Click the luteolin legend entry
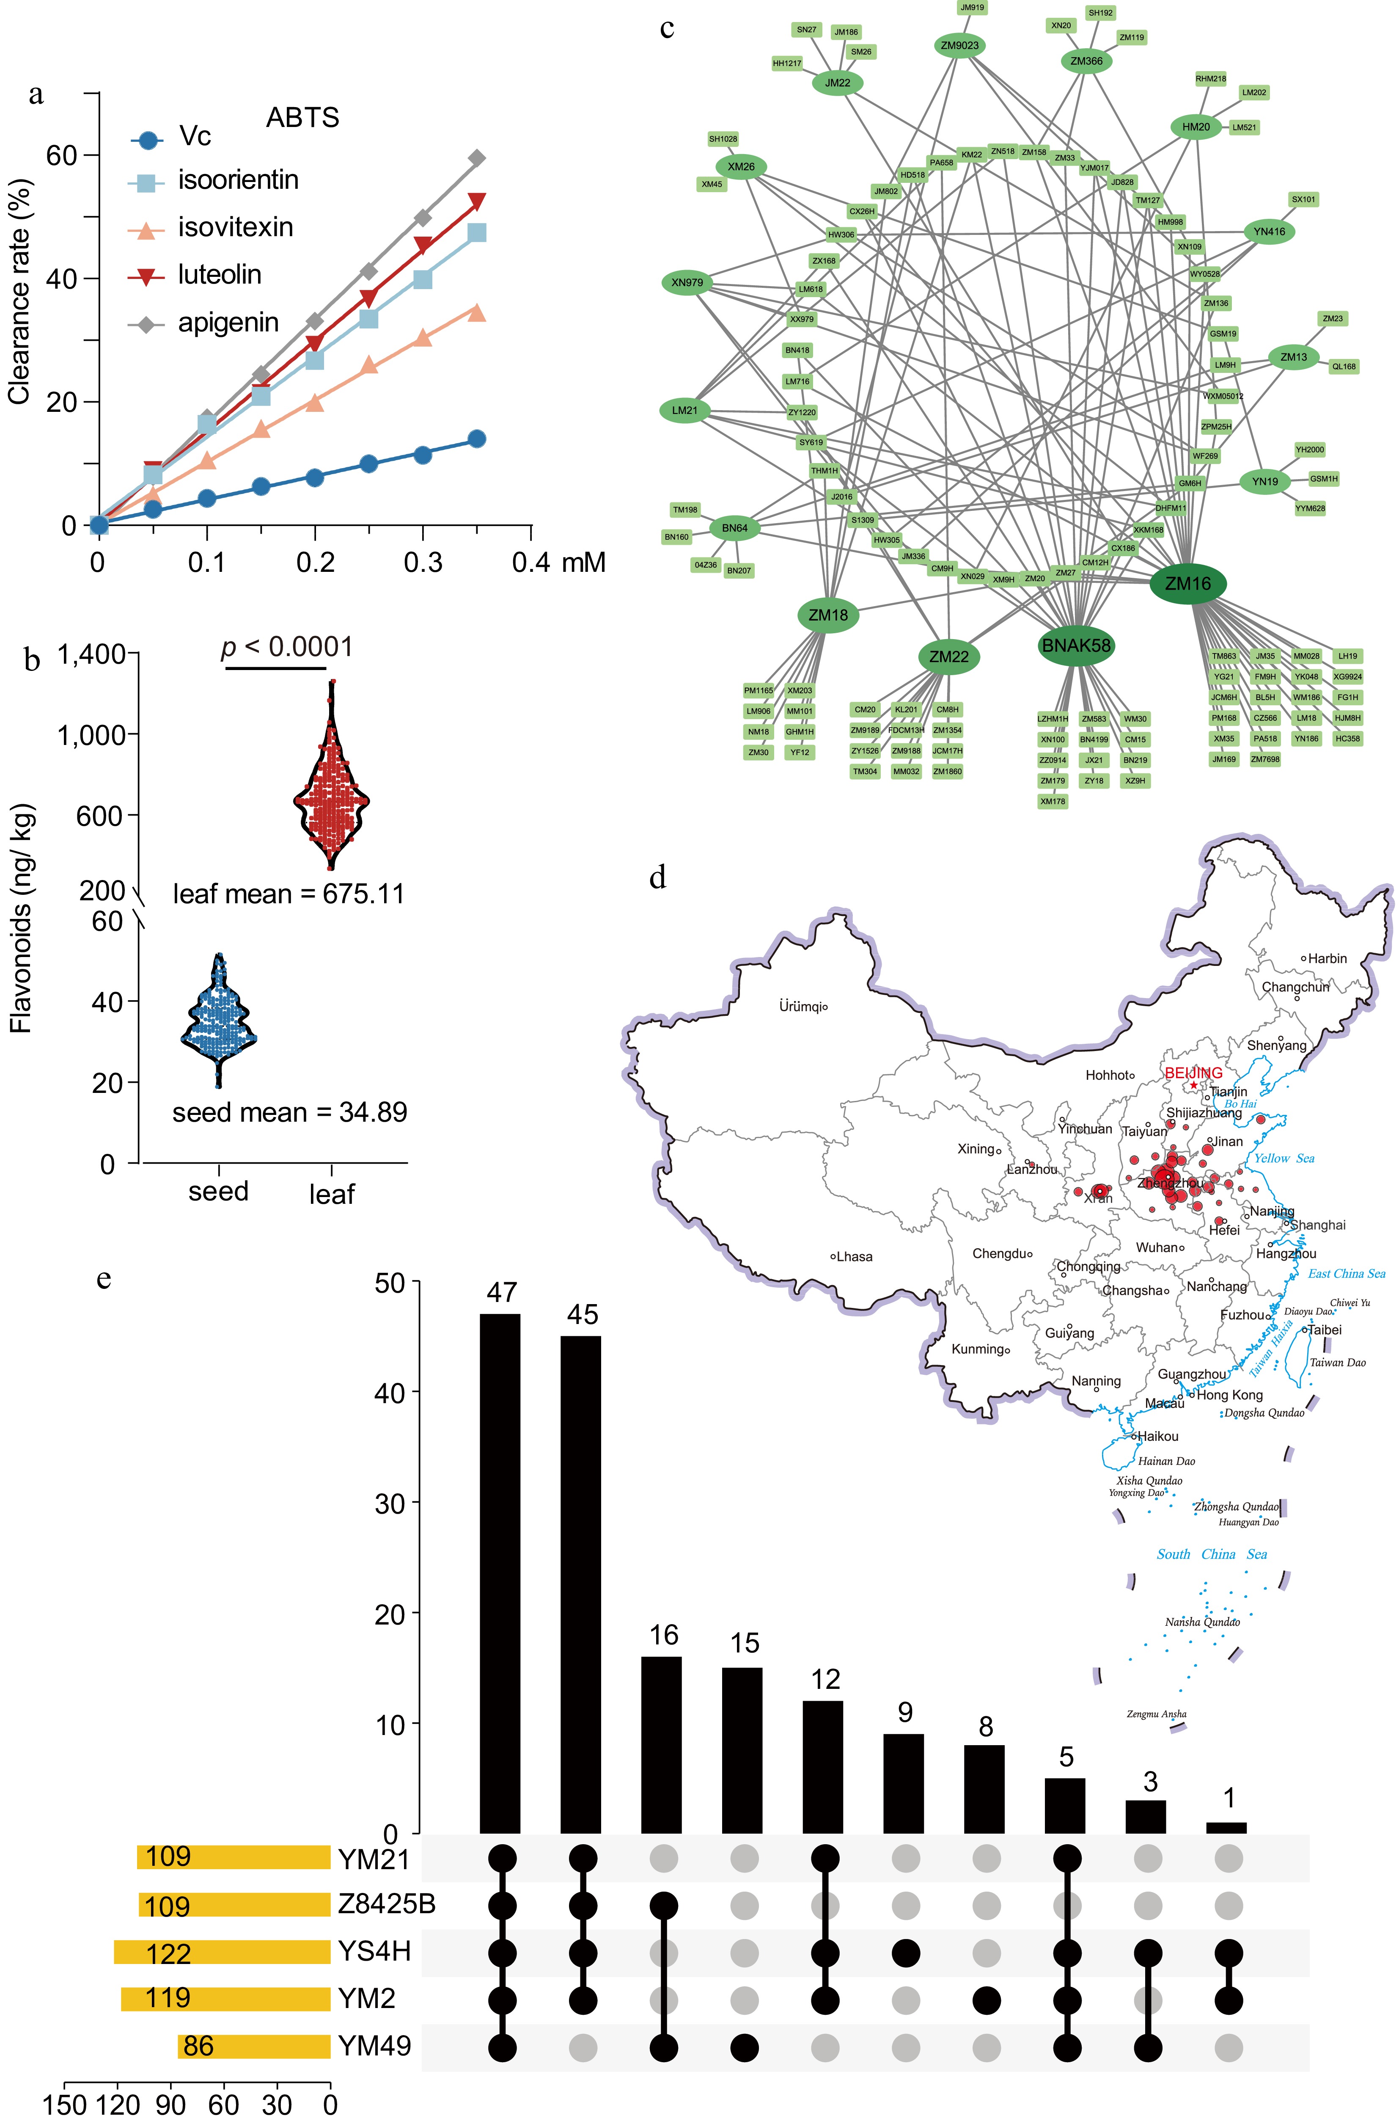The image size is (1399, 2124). point(219,275)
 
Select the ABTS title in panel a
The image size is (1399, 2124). point(302,118)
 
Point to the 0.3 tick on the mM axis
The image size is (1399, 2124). point(423,562)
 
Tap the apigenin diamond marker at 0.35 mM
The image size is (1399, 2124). point(477,158)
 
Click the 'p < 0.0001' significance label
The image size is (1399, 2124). point(286,647)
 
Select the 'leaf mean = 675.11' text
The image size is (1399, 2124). point(288,894)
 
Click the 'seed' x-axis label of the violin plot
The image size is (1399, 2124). point(219,1192)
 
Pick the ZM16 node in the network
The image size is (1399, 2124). point(1187,584)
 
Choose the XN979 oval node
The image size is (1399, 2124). point(687,283)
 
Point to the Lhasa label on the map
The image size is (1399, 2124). point(854,1257)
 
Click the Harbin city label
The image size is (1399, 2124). point(1327,958)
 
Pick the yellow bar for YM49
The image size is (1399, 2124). point(254,2045)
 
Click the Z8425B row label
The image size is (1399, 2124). point(386,1904)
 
